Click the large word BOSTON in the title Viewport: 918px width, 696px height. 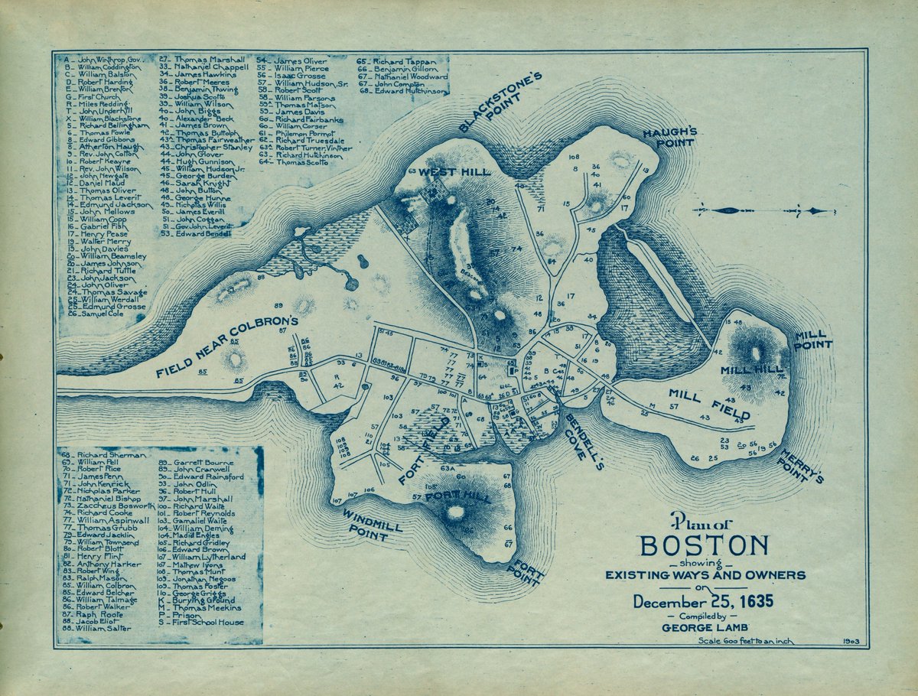pyautogui.click(x=705, y=546)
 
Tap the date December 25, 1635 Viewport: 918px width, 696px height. pyautogui.click(x=703, y=602)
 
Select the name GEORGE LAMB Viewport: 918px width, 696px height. pyautogui.click(x=702, y=628)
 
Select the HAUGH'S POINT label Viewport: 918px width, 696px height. pyautogui.click(x=669, y=137)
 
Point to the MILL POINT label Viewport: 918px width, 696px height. pyautogui.click(x=812, y=340)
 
